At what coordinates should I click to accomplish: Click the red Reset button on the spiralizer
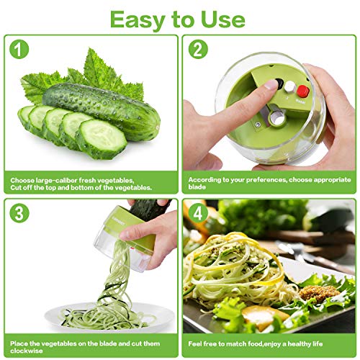303,91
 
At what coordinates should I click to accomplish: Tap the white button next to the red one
288,87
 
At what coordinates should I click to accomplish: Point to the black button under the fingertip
276,84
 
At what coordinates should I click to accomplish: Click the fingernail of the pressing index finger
270,84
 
